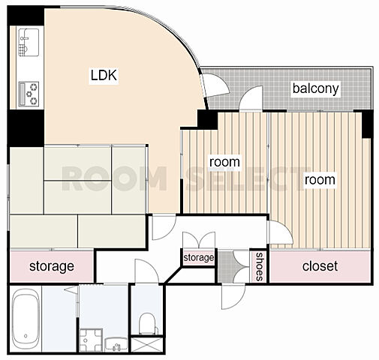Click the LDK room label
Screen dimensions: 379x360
pyautogui.click(x=104, y=75)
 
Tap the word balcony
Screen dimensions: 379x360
pyautogui.click(x=316, y=88)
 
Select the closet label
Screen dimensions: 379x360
pyautogui.click(x=320, y=266)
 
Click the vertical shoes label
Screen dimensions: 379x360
pyautogui.click(x=259, y=266)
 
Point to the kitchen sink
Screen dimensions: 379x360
pyautogui.click(x=29, y=42)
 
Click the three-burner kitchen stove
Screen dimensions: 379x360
pyautogui.click(x=29, y=94)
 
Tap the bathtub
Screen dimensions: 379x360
pyautogui.click(x=26, y=319)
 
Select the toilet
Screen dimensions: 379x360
pyautogui.click(x=148, y=324)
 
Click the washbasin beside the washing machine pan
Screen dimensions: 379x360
pyautogui.click(x=116, y=344)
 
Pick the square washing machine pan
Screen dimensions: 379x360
pyautogui.click(x=91, y=340)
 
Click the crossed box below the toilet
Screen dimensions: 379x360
pyautogui.click(x=147, y=344)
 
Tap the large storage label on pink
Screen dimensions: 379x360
pyautogui.click(x=52, y=266)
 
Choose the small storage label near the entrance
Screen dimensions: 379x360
pyautogui.click(x=199, y=257)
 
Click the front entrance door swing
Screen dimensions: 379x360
pyautogui.click(x=233, y=297)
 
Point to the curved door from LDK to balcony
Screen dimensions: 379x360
pyautogui.click(x=215, y=85)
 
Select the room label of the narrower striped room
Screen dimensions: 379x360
pyautogui.click(x=224, y=162)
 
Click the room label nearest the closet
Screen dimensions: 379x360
pyautogui.click(x=320, y=180)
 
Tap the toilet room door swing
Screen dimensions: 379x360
pyautogui.click(x=146, y=271)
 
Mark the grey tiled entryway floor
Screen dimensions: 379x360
pyautogui.click(x=227, y=267)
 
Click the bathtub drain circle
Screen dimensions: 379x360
pyautogui.click(x=26, y=336)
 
